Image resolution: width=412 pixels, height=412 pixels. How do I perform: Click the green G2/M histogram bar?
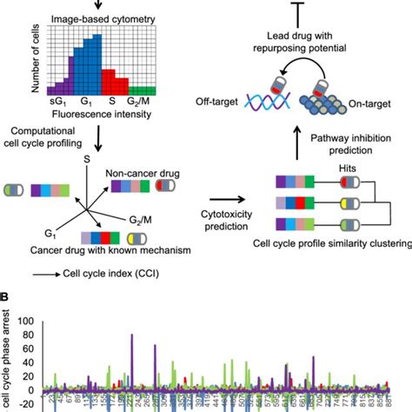(x=141, y=89)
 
